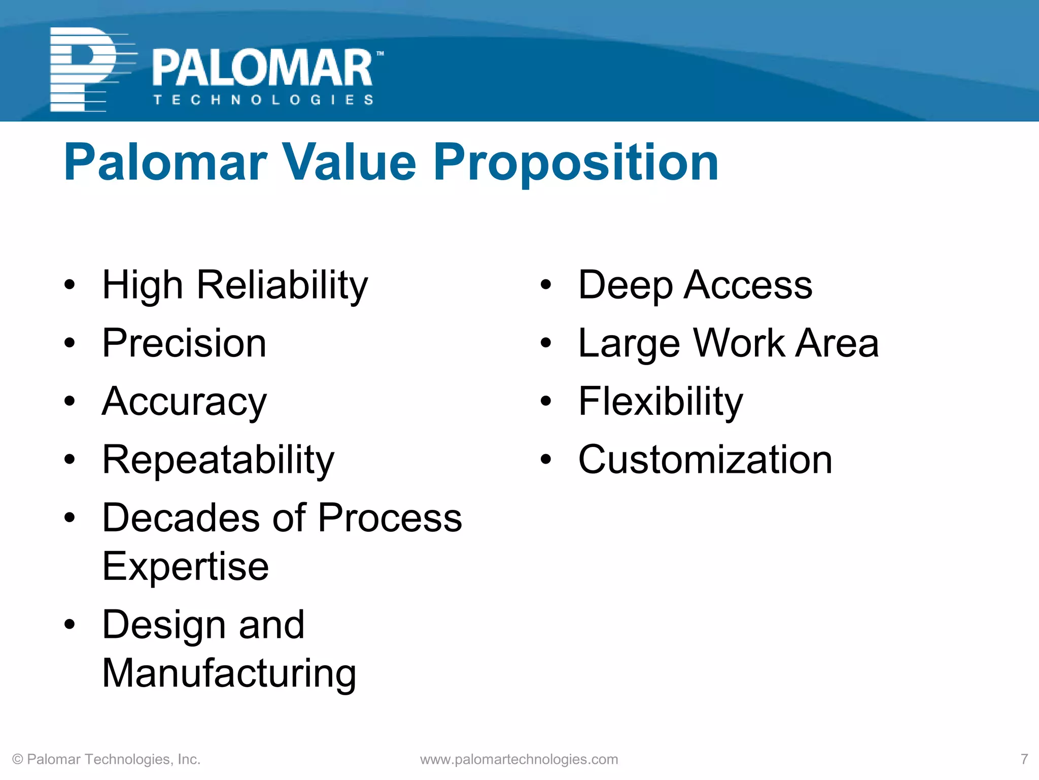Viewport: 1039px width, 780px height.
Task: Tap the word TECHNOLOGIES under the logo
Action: pyautogui.click(x=264, y=100)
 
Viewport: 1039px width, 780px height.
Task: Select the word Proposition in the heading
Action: pyautogui.click(x=576, y=162)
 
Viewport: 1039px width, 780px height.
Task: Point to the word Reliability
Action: pyautogui.click(x=282, y=285)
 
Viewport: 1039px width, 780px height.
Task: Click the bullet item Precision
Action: pyautogui.click(x=184, y=343)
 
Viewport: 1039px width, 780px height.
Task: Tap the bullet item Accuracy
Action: pyautogui.click(x=184, y=402)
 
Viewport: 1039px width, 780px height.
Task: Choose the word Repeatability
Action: pyautogui.click(x=218, y=460)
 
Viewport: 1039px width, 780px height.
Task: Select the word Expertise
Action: pyautogui.click(x=186, y=566)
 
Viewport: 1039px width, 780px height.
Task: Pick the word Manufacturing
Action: pyautogui.click(x=229, y=673)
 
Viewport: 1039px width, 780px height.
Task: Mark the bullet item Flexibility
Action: pyautogui.click(x=661, y=402)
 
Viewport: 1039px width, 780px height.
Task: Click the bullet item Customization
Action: pyautogui.click(x=705, y=460)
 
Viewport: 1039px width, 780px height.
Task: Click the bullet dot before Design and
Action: pyautogui.click(x=70, y=625)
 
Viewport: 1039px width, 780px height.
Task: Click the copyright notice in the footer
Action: pyautogui.click(x=107, y=759)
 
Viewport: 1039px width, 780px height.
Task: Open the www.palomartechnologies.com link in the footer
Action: pyautogui.click(x=519, y=759)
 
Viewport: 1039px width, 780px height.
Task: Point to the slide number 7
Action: pyautogui.click(x=1024, y=759)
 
